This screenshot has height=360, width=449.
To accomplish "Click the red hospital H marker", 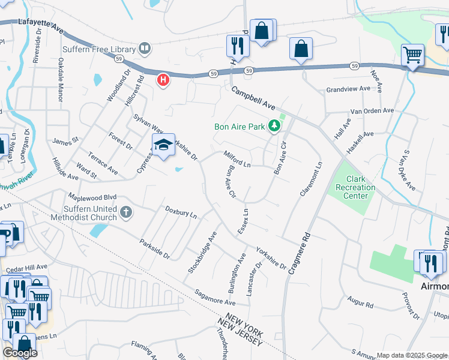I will click(x=163, y=79).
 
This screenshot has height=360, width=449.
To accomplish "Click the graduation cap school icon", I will click(x=163, y=145).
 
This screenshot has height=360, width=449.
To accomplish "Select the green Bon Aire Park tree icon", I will click(x=274, y=126).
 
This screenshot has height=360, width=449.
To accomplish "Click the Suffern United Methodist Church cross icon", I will click(x=125, y=211).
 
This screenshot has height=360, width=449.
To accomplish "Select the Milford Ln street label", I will click(x=237, y=160).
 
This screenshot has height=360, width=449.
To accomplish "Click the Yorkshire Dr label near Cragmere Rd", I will click(x=271, y=257).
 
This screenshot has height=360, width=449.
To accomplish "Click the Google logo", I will click(x=19, y=353).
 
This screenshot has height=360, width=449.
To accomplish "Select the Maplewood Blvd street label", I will click(x=92, y=197).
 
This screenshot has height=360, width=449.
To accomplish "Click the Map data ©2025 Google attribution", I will click(x=412, y=355).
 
